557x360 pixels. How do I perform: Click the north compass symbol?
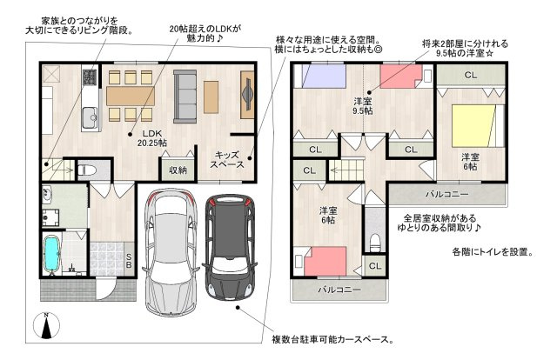[x=46, y=325]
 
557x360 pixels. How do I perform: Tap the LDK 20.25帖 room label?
[x=152, y=138]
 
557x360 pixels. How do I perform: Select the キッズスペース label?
[x=226, y=160]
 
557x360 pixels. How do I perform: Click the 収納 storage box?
[x=178, y=170]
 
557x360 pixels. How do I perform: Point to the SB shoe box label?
[x=129, y=260]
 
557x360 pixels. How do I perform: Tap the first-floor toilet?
[x=87, y=170]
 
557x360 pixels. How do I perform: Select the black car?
[x=230, y=246]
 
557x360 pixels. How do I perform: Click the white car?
[x=170, y=252]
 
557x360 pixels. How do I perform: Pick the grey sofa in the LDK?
[x=185, y=97]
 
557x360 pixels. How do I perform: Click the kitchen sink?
[x=90, y=117]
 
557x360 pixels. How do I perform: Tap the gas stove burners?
[x=90, y=77]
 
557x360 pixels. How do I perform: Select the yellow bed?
[x=474, y=126]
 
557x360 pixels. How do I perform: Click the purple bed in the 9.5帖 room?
[x=323, y=76]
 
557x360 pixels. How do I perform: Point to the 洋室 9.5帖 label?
[x=363, y=106]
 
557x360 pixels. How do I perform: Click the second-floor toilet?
[x=375, y=242]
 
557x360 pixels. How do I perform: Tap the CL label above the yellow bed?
[x=471, y=76]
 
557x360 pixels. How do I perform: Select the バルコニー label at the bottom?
[x=339, y=290]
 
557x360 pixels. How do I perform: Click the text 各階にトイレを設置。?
[x=493, y=252]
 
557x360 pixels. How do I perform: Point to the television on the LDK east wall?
[x=246, y=94]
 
